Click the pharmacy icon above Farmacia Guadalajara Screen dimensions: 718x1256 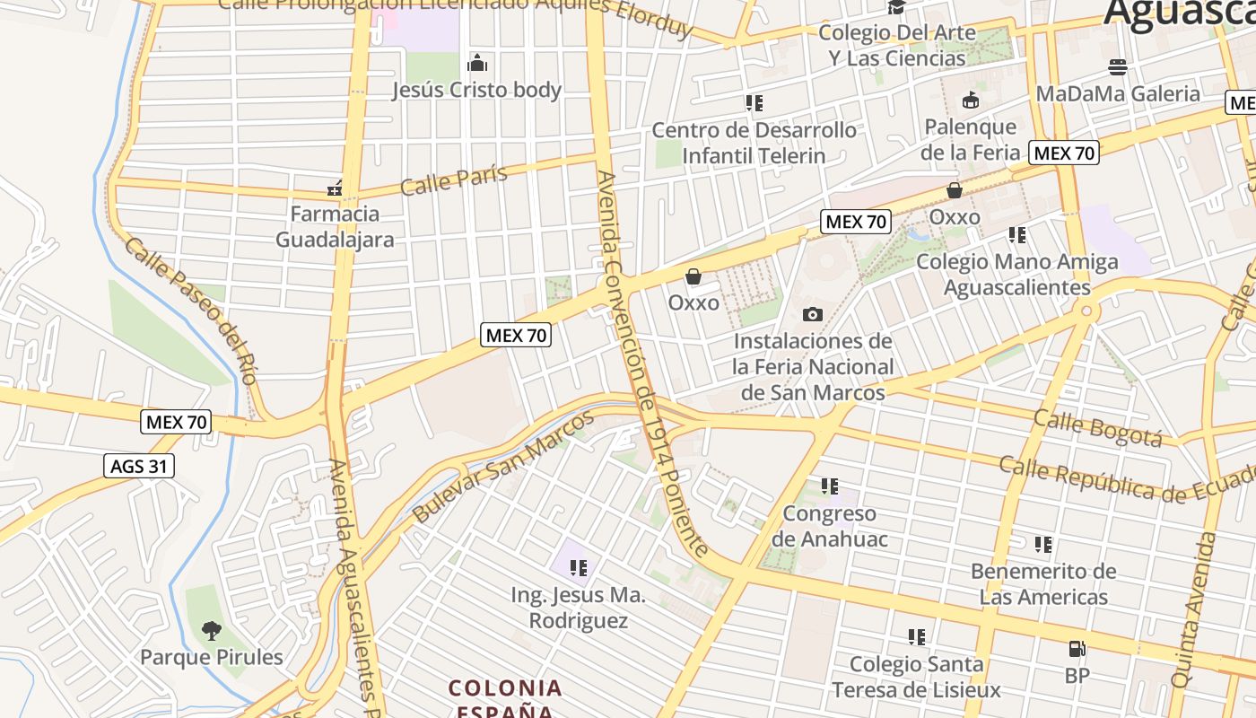[x=335, y=188]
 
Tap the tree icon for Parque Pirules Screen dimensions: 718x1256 [x=211, y=631]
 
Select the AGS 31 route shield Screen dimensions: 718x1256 [x=138, y=467]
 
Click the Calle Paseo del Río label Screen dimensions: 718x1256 [x=192, y=310]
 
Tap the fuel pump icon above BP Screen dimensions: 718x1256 [x=1077, y=649]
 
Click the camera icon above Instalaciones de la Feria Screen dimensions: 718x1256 [x=813, y=314]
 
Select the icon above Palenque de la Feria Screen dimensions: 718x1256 [x=970, y=100]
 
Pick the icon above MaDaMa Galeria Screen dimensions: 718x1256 [x=1117, y=67]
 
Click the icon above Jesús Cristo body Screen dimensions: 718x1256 [x=477, y=63]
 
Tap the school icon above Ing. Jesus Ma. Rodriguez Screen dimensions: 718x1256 [x=579, y=567]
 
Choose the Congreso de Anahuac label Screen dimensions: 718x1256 [x=830, y=527]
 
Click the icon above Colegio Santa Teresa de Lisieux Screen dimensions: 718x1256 [x=916, y=637]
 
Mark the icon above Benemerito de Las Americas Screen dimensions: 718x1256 [x=1042, y=545]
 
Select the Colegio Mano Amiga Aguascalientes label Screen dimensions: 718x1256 [x=1017, y=275]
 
